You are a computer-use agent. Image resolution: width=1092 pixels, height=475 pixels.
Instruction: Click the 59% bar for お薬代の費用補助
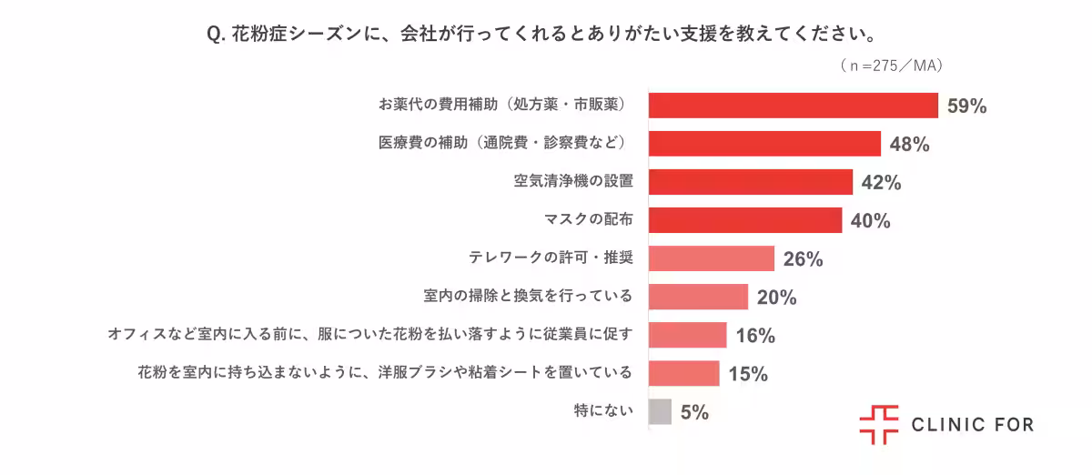click(793, 106)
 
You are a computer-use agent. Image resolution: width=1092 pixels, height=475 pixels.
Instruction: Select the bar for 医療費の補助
click(764, 144)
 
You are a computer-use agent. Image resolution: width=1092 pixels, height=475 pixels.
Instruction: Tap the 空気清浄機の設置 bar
click(750, 182)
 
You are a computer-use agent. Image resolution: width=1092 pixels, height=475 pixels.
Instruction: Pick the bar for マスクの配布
click(744, 220)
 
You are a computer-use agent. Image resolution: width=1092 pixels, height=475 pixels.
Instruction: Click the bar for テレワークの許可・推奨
click(711, 258)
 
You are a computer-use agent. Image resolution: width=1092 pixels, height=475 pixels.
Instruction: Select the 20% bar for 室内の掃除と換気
click(698, 297)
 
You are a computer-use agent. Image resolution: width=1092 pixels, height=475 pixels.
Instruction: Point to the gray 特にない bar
click(660, 411)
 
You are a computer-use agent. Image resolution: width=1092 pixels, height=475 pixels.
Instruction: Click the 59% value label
click(966, 106)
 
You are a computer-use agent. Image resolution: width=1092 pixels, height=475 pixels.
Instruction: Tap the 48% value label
click(909, 145)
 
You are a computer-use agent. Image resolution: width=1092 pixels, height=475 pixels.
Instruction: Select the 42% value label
click(881, 183)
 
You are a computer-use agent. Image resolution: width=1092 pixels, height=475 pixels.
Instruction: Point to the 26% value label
click(803, 259)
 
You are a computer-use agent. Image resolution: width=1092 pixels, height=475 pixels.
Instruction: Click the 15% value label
click(748, 374)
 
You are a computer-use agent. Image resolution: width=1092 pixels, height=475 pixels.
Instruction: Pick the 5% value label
click(693, 412)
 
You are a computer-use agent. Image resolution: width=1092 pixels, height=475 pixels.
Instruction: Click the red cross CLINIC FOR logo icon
click(878, 425)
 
